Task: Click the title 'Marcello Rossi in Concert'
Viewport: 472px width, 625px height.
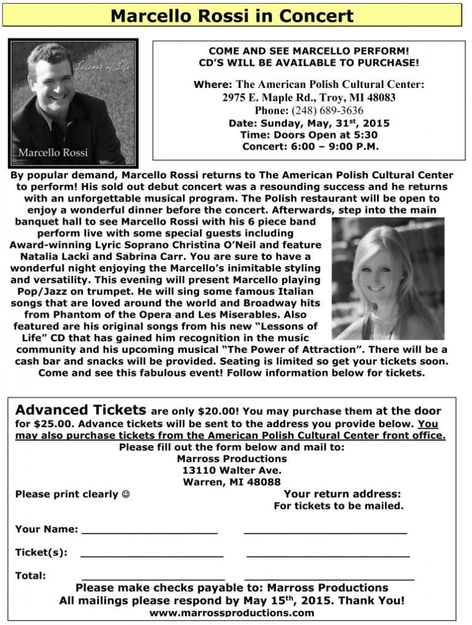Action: coord(232,15)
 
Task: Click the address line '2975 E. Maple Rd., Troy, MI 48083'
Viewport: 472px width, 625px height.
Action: coord(309,98)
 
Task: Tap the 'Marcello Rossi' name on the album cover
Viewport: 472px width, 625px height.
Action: coord(53,152)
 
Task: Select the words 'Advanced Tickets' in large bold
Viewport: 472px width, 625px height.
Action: coord(81,411)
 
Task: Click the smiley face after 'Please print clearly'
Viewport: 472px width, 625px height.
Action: coord(126,494)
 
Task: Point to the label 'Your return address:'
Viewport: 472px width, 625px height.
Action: coord(342,494)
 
